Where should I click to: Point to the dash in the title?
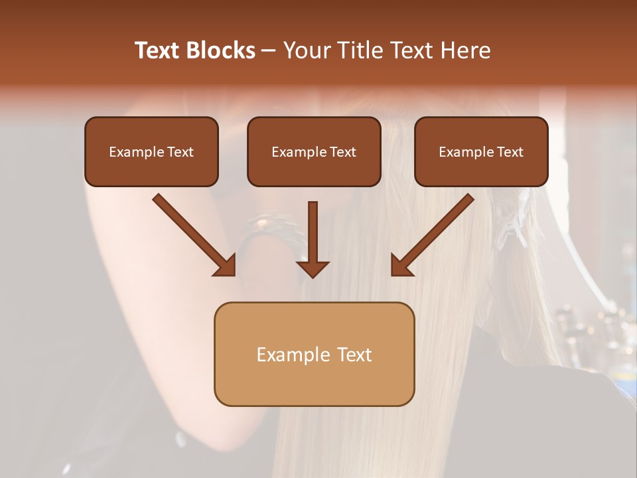coord(269,51)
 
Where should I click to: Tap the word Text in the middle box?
coord(343,152)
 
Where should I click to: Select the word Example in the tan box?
coord(292,355)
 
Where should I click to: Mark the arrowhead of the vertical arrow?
coord(313,268)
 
